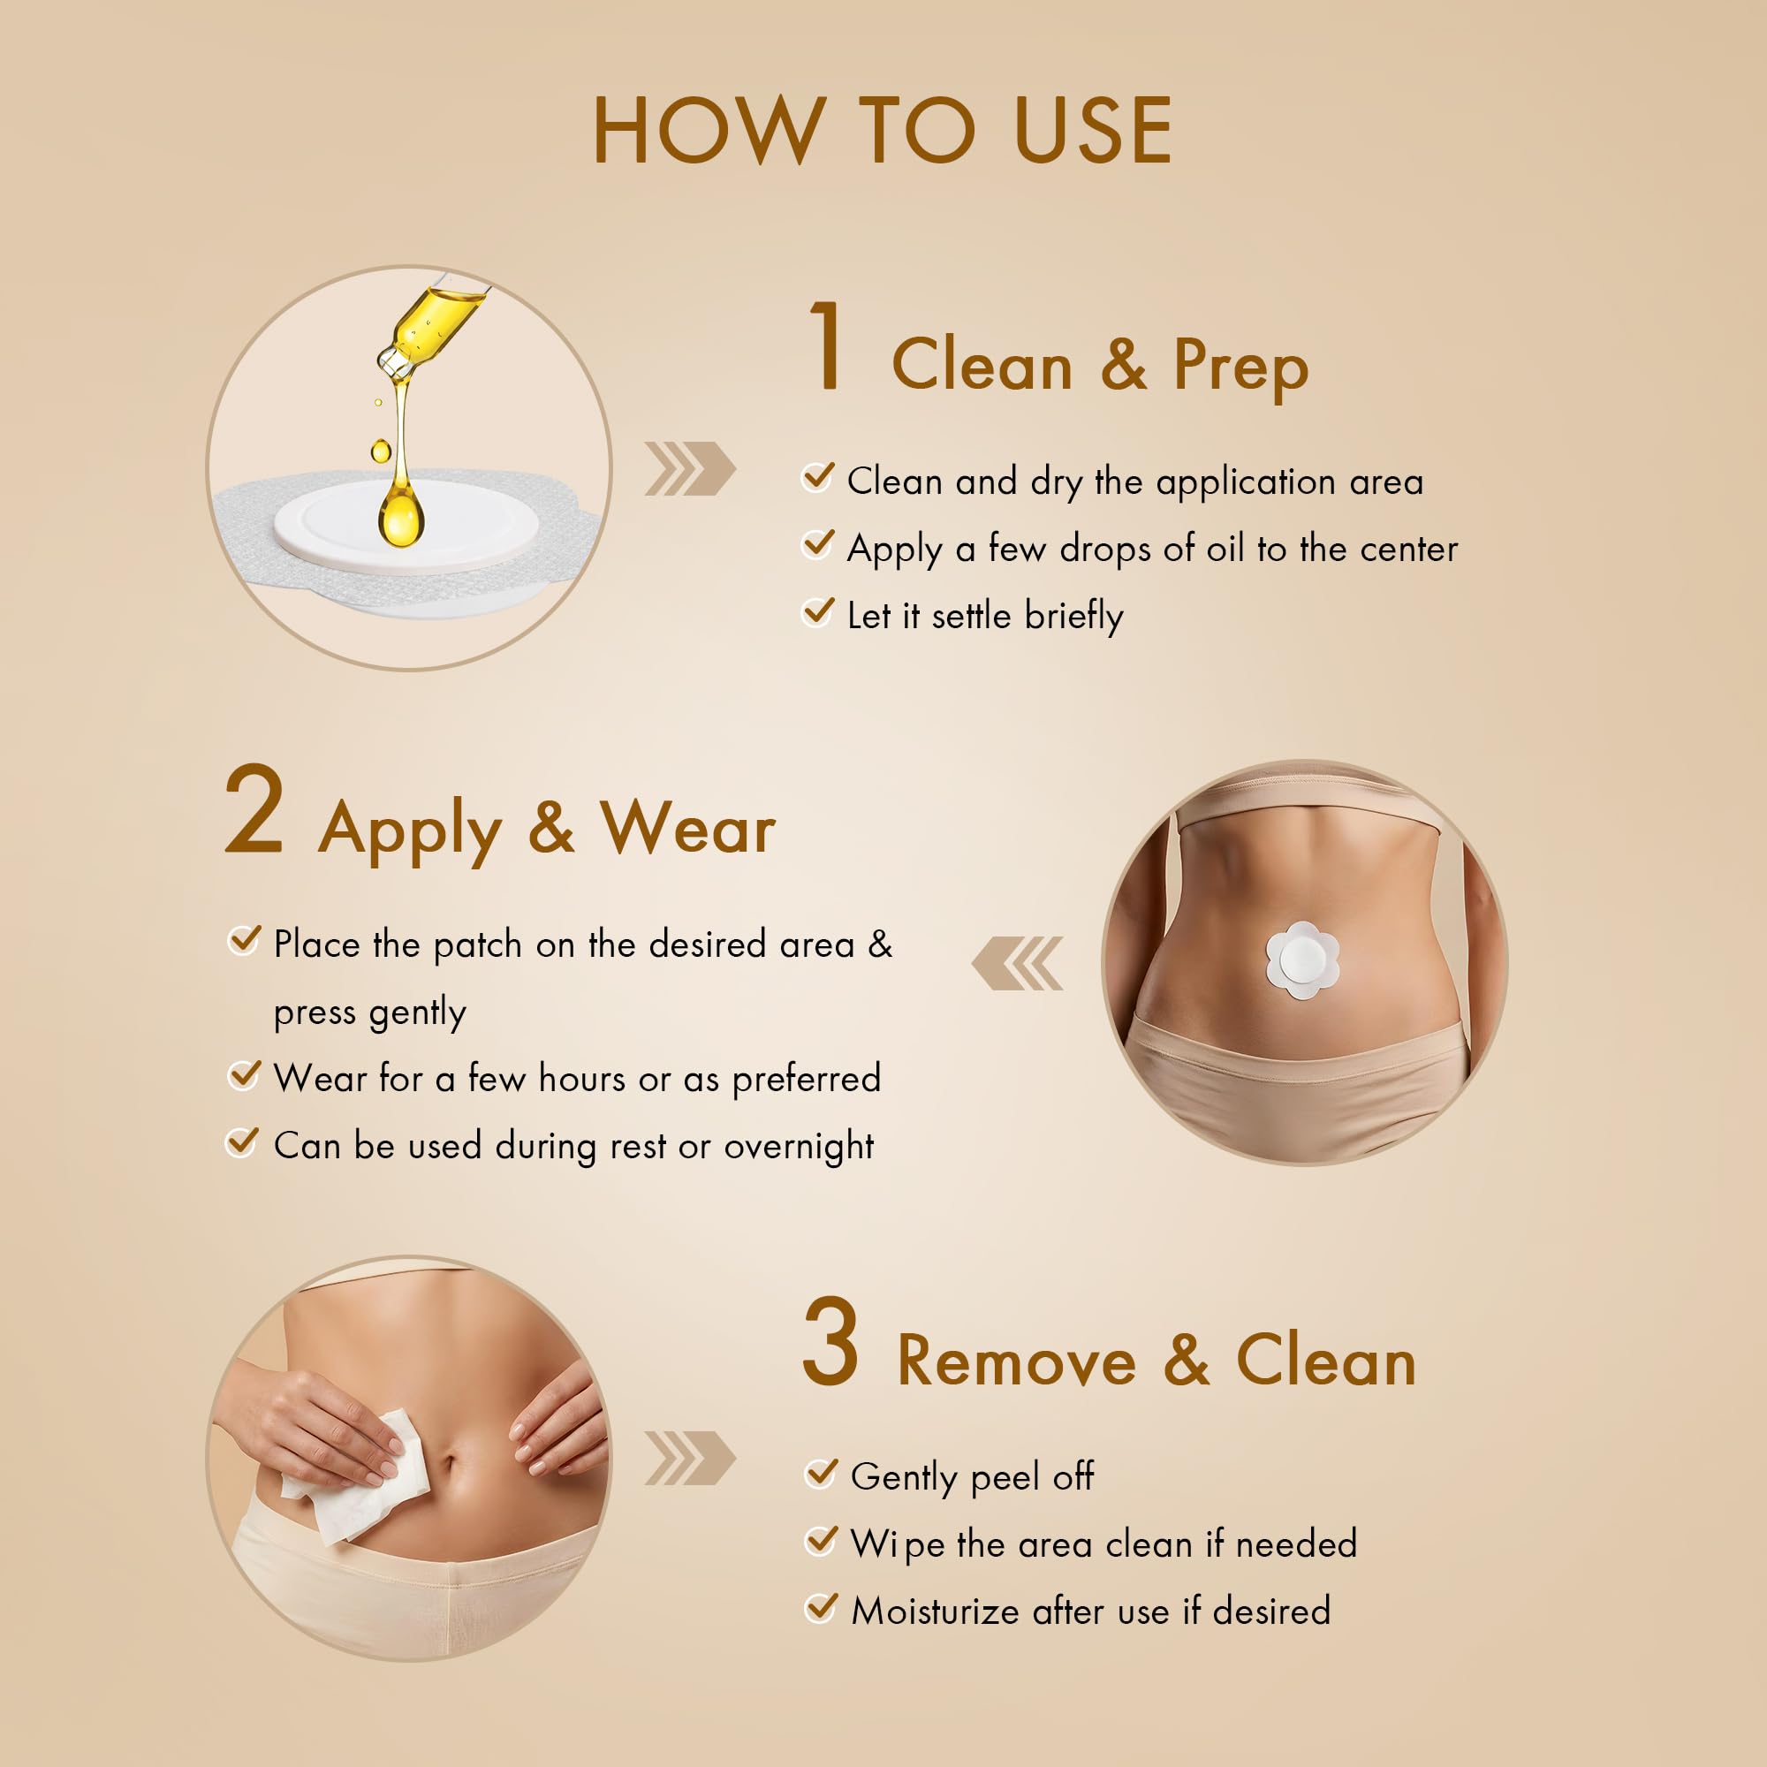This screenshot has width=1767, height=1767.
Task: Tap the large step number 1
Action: click(827, 346)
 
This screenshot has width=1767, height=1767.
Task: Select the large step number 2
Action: click(254, 810)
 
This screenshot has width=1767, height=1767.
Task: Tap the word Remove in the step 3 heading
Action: click(1016, 1361)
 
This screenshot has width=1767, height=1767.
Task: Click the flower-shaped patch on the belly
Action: click(1302, 959)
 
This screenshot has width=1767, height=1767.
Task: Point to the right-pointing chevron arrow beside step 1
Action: click(691, 468)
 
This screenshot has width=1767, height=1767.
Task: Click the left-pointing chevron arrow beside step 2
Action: click(1017, 963)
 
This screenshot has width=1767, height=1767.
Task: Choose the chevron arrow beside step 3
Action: click(691, 1458)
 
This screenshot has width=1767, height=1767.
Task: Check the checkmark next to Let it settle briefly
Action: click(817, 611)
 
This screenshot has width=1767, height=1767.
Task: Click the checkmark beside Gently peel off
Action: click(821, 1473)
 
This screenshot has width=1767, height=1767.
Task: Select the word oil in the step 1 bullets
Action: click(1225, 549)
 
